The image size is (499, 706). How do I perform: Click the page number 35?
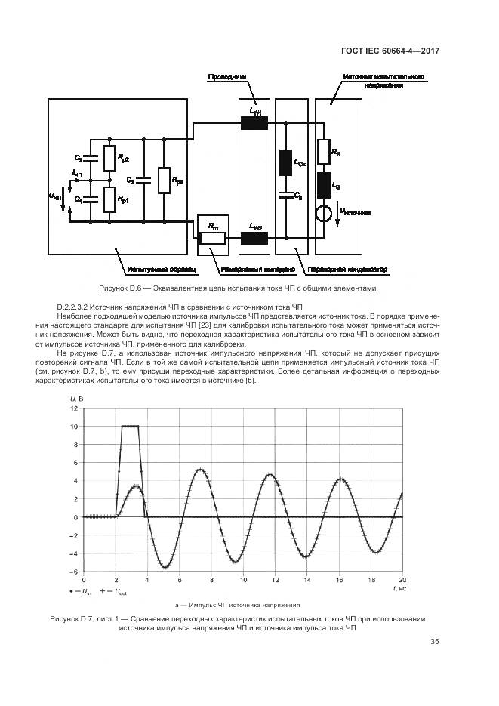(434, 643)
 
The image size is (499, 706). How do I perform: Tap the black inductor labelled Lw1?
(254, 123)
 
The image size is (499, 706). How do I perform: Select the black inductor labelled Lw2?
(254, 238)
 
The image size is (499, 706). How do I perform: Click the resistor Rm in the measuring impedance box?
(213, 238)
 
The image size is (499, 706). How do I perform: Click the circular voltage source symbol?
(323, 213)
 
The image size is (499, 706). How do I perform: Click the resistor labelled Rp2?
(110, 159)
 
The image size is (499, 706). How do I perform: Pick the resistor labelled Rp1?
(110, 200)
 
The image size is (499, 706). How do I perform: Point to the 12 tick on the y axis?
(74, 408)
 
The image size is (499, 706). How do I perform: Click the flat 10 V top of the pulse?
(130, 427)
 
